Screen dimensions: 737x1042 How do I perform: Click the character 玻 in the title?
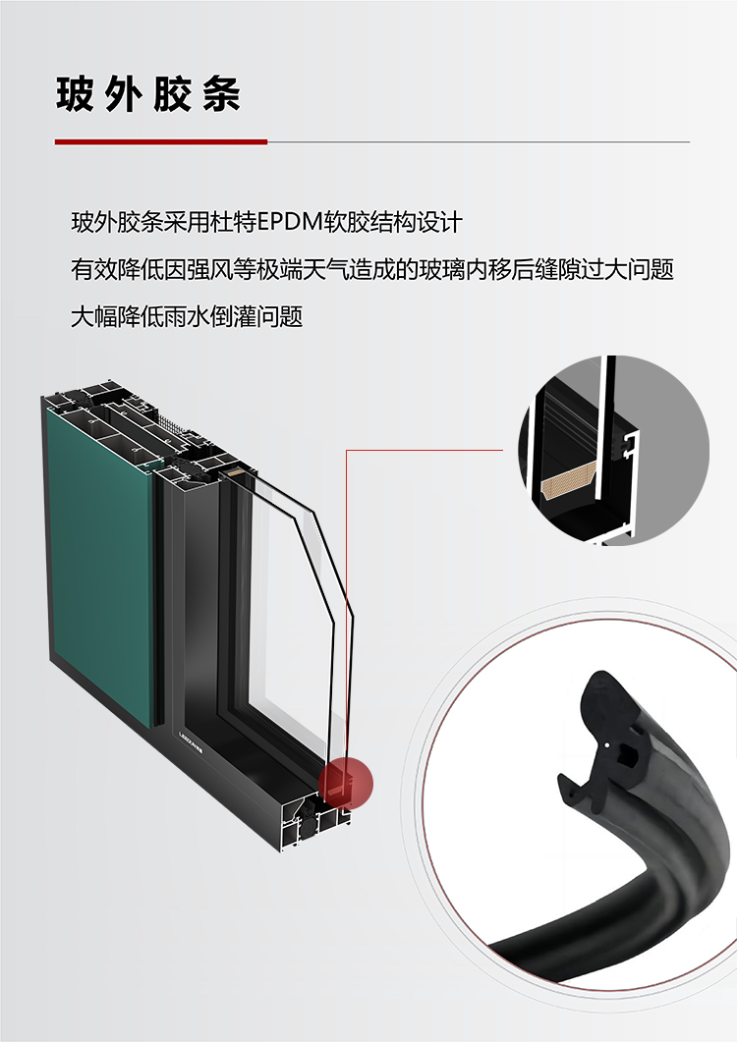75,93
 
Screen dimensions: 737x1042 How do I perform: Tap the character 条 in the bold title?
221,93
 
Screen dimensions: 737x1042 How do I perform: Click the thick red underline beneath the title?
161,141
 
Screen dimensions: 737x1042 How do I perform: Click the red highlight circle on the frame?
346,783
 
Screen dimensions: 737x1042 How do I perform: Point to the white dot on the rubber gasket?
608,744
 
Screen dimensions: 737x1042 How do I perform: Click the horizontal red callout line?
425,450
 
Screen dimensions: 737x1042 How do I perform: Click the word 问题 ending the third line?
280,316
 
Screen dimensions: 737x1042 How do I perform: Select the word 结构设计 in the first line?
416,222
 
